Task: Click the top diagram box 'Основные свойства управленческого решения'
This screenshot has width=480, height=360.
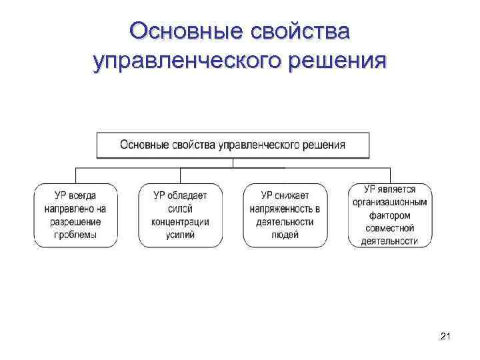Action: pos(233,145)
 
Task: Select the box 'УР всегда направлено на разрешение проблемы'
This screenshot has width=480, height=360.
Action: pos(75,215)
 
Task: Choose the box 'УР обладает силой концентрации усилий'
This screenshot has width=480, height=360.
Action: pos(180,215)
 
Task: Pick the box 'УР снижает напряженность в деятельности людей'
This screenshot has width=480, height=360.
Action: pos(285,215)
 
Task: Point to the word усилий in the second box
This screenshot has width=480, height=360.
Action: pos(180,235)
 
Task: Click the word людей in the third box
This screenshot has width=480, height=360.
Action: pos(285,235)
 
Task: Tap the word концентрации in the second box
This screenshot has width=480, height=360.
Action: pos(180,221)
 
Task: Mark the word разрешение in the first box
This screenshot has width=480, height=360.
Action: pos(75,221)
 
